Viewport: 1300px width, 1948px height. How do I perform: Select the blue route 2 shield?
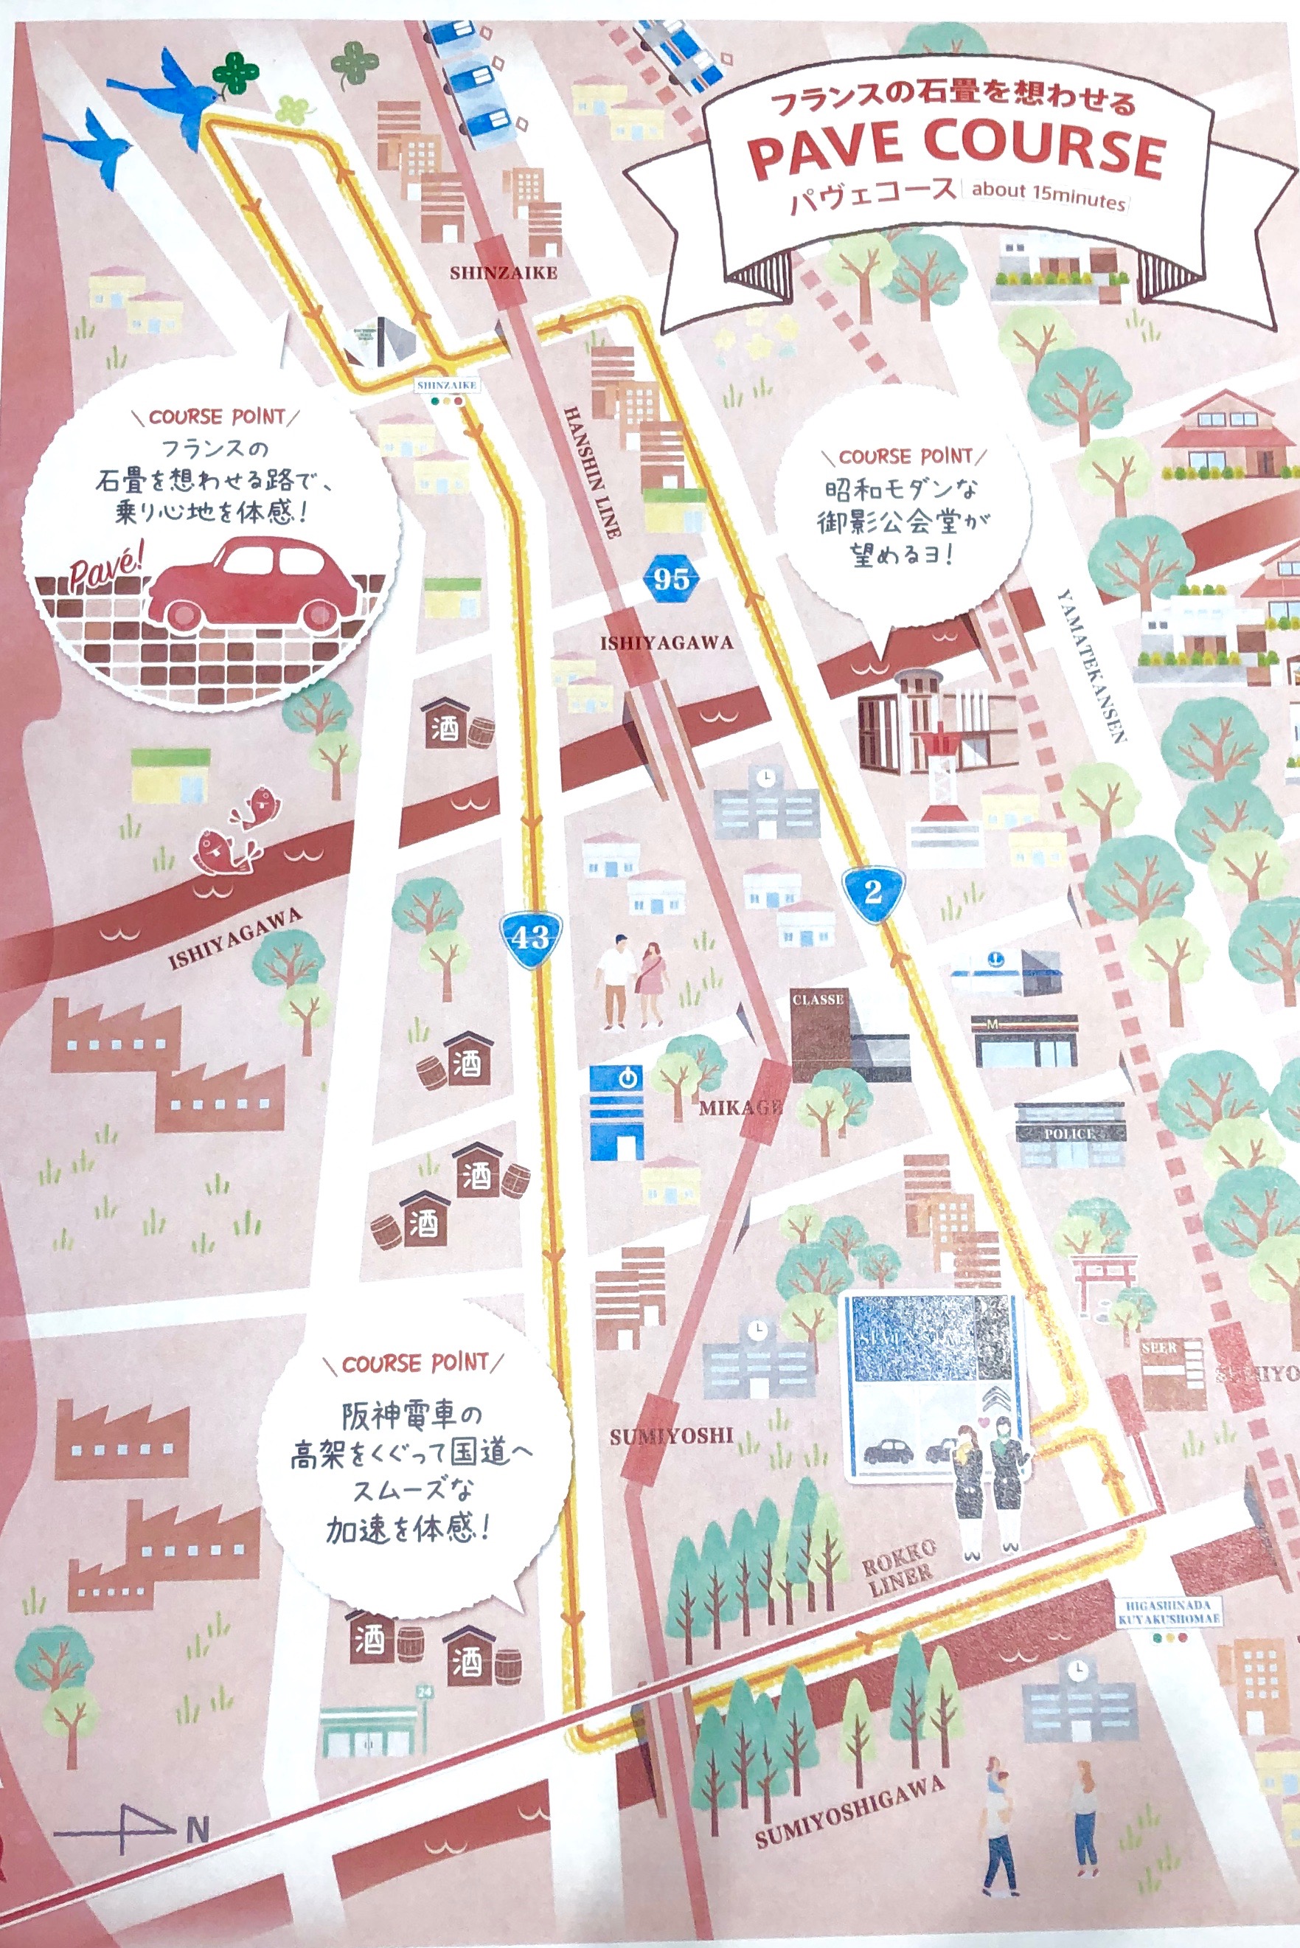pyautogui.click(x=872, y=892)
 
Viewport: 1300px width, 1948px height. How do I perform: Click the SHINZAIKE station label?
pyautogui.click(x=503, y=272)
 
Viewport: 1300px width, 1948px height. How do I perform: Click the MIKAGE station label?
pyautogui.click(x=740, y=1109)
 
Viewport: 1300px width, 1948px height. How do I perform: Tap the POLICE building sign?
pyautogui.click(x=1069, y=1134)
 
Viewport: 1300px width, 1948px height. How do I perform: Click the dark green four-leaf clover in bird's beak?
pyautogui.click(x=236, y=73)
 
